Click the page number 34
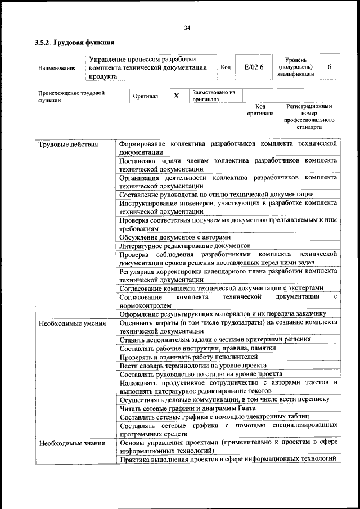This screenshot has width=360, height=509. tap(187, 28)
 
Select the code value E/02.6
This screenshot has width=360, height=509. tap(254, 67)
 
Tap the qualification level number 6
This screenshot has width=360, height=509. tap(329, 67)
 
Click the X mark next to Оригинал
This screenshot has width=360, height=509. tap(176, 96)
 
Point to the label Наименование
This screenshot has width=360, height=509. tap(57, 68)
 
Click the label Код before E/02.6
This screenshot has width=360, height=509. tap(226, 67)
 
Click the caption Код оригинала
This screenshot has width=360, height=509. tap(260, 110)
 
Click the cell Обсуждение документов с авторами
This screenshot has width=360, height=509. tap(175, 237)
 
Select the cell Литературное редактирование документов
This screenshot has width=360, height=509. tap(184, 246)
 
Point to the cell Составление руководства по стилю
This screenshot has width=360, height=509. tap(217, 194)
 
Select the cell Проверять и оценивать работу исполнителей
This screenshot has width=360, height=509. tap(188, 357)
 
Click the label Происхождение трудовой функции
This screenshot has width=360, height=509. tap(71, 96)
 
